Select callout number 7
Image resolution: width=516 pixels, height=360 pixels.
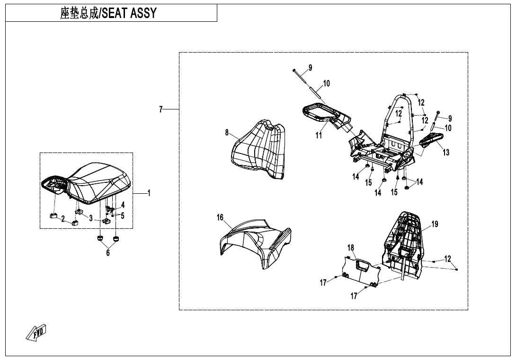tap(161, 109)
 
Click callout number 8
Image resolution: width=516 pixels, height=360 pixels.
tap(227, 133)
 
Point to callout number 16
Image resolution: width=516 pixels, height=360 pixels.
tap(220, 217)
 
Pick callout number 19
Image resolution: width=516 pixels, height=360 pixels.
tap(435, 224)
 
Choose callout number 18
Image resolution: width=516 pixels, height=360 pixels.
tap(351, 248)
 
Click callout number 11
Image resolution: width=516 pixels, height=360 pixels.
tap(319, 135)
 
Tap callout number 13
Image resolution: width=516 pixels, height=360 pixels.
tap(446, 153)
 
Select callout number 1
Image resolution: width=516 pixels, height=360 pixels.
tap(149, 193)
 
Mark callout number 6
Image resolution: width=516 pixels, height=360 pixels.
tap(108, 253)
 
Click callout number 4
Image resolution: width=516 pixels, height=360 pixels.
tap(123, 205)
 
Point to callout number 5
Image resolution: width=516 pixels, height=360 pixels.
tap(123, 216)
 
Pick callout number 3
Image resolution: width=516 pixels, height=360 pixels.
tap(91, 218)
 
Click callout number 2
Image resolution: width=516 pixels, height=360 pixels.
tap(63, 218)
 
